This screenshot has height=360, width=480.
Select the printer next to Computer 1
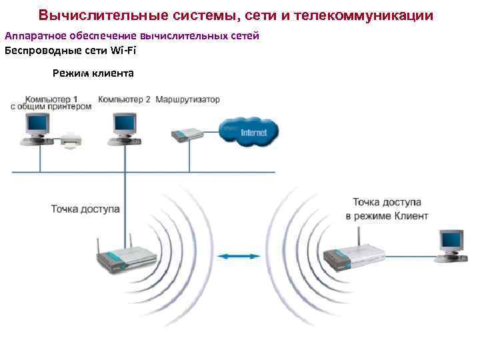[x=71, y=141]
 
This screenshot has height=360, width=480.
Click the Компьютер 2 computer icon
[x=123, y=127]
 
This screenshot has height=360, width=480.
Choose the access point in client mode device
[x=353, y=255]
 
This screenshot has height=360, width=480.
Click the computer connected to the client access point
[x=449, y=244]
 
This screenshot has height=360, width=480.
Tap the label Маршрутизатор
[x=187, y=99]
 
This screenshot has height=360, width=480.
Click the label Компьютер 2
[x=124, y=99]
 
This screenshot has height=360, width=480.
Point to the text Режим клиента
[x=93, y=73]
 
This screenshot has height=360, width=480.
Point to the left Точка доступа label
[x=85, y=209]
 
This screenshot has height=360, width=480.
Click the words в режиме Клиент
[x=387, y=216]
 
